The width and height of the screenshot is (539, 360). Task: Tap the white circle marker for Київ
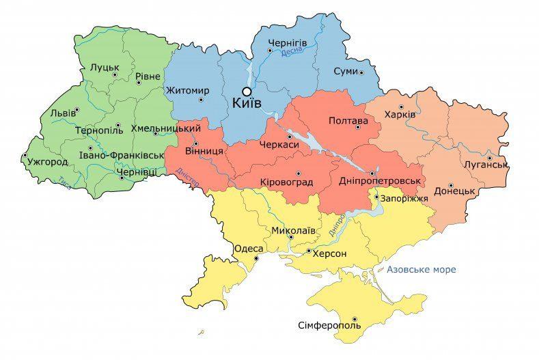247,91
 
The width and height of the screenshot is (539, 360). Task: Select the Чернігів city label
291,43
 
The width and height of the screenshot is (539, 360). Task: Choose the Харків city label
400,115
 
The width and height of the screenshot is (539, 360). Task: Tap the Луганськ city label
484,165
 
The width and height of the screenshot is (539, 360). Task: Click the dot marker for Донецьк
451,184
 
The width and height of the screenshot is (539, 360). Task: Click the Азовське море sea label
421,270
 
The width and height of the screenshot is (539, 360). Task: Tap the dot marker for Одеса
257,259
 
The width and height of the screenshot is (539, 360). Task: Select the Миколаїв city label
293,230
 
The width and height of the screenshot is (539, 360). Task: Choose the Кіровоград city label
286,182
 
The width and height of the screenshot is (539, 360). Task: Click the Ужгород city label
48,163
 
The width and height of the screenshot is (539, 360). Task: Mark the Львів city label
62,113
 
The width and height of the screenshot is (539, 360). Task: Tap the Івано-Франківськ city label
120,155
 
